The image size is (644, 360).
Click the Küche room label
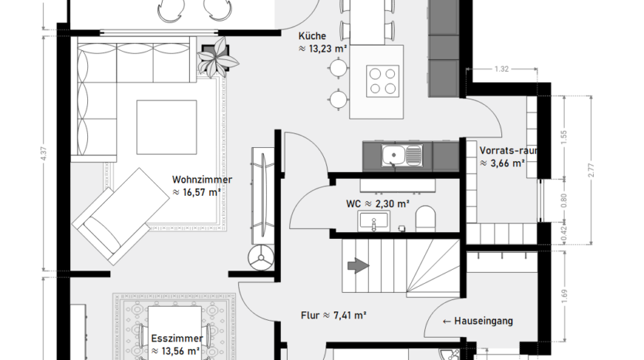pos(312,36)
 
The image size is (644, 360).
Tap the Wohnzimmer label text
pos(202,180)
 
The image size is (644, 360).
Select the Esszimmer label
pos(177,338)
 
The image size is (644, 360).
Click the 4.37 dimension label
pos(44,153)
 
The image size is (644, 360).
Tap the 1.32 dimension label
pos(501,69)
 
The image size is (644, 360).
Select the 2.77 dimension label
pos(591,170)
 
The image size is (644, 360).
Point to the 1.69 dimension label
pos(564,296)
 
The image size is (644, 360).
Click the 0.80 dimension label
pos(564,200)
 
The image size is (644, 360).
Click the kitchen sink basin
pos(393,155)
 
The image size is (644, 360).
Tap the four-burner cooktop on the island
pos(383,81)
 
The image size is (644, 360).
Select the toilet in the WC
pos(425,219)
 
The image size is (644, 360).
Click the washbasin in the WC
pos(373,221)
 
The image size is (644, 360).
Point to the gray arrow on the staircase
pos(358,265)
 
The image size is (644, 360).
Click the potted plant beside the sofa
pos(217,58)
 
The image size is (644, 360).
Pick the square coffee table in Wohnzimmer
pos(167,127)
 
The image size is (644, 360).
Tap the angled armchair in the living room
pos(120,216)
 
